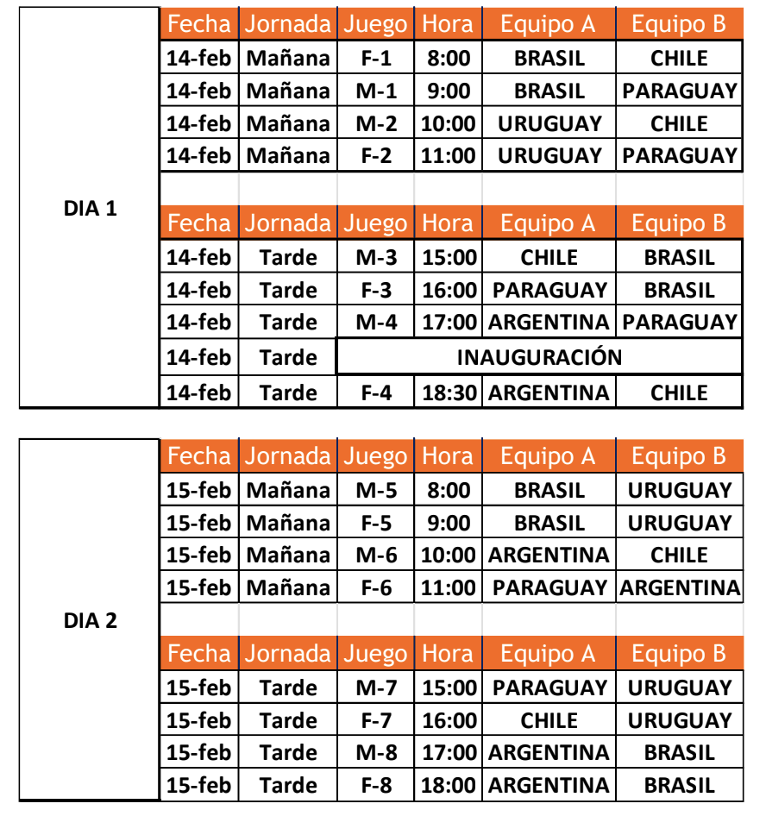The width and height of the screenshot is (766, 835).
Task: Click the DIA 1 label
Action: point(90,209)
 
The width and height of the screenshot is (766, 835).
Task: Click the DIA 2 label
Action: point(90,620)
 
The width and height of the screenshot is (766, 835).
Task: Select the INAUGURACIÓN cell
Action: point(539,357)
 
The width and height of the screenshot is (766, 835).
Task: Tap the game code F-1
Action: point(376,59)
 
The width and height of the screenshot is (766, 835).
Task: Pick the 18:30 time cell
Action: point(449,392)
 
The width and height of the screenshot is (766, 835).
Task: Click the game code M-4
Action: point(376,323)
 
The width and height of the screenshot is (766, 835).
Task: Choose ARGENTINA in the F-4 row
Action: point(549,392)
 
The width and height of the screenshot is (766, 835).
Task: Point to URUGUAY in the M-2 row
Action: point(549,123)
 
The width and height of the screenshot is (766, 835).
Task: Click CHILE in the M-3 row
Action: point(549,257)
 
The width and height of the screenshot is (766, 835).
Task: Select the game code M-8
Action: point(376,752)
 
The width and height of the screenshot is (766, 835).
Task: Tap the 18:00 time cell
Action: point(449,785)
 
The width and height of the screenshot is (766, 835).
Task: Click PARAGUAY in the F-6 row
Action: point(549,588)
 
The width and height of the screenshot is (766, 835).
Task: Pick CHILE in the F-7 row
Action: point(549,720)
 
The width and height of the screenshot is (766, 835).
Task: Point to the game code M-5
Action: point(376,491)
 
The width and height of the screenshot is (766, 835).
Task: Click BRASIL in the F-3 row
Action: point(679,290)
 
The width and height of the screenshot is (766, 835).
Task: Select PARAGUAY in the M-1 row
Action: point(679,91)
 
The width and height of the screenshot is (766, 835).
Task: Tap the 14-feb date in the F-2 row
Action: point(198,156)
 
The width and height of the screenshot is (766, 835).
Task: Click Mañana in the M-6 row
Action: point(288,556)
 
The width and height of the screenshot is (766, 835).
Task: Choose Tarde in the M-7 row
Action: point(288,688)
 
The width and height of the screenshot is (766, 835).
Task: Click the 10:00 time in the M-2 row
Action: point(449,123)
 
